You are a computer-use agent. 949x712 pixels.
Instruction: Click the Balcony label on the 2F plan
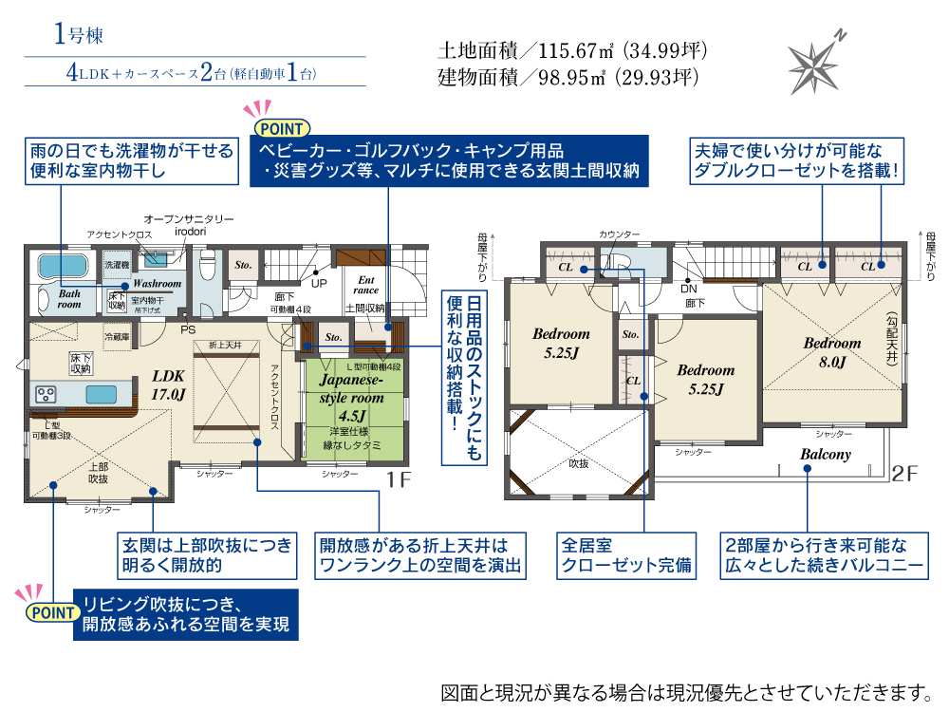825,455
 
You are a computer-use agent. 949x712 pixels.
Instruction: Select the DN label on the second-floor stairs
691,288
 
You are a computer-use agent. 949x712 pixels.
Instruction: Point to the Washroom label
157,283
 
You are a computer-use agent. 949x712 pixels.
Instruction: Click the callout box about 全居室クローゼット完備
625,556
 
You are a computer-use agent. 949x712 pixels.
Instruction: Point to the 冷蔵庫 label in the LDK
118,336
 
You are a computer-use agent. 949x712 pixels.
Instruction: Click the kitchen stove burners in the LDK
47,392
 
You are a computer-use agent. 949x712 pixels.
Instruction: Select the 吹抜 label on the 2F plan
578,464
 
